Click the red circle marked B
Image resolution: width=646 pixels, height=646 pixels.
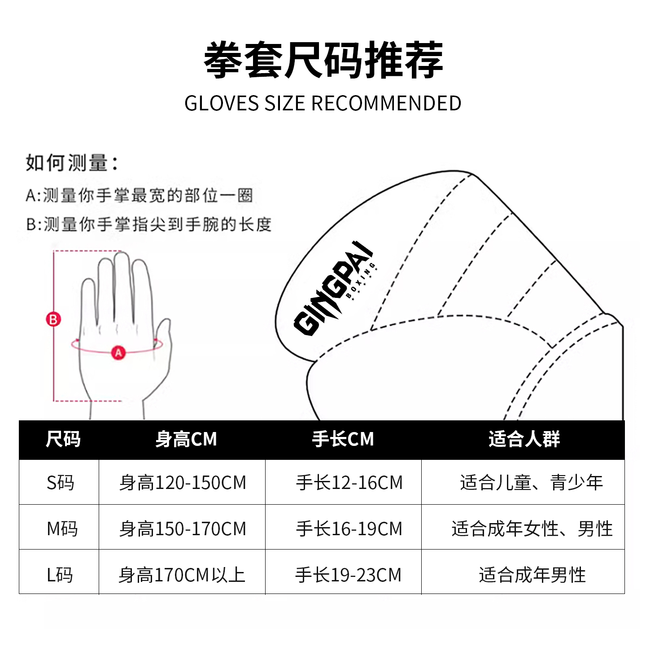pos(53,319)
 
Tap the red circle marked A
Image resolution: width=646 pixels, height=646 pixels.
pos(118,353)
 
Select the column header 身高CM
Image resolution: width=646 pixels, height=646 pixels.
pos(186,439)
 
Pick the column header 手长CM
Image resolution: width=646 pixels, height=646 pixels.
pos(343,439)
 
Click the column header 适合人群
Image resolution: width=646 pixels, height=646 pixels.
pos(524,439)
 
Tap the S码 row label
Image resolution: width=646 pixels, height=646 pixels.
pos(60,483)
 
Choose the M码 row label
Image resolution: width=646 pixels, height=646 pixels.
pos(62,528)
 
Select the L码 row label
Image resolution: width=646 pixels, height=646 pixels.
pos(60,575)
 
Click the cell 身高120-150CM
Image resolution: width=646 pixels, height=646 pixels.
pos(183,483)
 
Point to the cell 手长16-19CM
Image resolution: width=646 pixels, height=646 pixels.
pos(349,528)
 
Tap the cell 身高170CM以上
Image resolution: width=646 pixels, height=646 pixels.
pos(182,575)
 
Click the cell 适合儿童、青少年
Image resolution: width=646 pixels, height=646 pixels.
pos(531,483)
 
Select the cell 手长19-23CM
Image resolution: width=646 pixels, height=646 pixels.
pos(348,575)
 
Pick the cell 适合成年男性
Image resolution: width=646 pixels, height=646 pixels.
pos(532,575)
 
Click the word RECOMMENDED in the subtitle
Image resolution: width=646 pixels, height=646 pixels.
pos(386,104)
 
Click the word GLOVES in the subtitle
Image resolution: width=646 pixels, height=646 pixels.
pos(222,104)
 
